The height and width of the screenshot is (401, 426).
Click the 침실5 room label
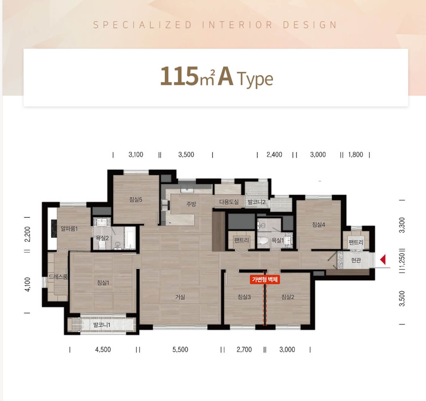point(136,199)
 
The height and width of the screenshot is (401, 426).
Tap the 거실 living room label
point(180,297)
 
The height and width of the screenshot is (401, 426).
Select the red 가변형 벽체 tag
point(265,279)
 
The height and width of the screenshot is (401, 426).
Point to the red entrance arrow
point(383,259)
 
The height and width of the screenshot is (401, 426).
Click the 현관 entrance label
point(356,260)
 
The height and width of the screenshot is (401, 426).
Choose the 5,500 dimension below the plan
point(180,349)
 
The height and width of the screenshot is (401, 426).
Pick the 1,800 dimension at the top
point(355,155)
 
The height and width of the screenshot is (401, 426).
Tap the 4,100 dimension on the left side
point(28,284)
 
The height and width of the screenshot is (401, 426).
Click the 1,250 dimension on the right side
point(402,261)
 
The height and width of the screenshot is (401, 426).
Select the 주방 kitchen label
point(191,204)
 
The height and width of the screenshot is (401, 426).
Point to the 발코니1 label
point(102,325)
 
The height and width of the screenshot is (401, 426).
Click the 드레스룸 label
point(58,277)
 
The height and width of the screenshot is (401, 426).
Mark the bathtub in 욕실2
point(130,238)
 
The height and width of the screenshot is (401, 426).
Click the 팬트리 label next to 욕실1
point(242,240)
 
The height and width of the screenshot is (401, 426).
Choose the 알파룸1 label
point(69,229)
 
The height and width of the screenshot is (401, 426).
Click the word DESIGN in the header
point(310,25)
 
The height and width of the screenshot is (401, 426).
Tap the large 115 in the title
point(179,76)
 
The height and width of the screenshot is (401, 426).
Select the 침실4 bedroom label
point(318,225)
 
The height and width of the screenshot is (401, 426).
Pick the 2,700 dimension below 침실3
point(244,349)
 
